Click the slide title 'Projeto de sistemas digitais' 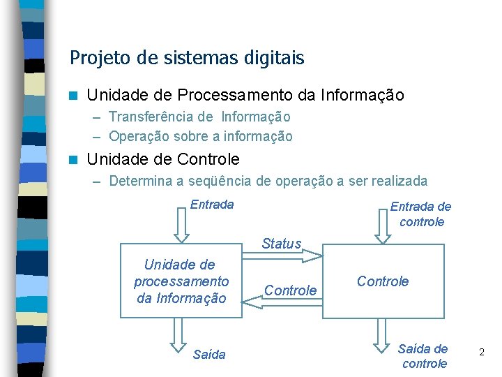[x=187, y=57]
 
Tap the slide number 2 [x=481, y=353]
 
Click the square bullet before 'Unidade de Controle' [x=74, y=159]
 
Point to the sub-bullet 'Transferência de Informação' [x=199, y=117]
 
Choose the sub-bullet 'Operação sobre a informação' [x=201, y=136]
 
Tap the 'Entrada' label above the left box [x=212, y=205]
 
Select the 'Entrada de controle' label [x=420, y=214]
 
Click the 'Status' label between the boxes [x=281, y=244]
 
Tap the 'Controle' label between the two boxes [x=291, y=290]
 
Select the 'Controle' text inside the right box [x=383, y=281]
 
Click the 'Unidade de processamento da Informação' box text [x=181, y=281]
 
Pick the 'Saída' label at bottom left [x=209, y=355]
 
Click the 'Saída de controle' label [x=423, y=356]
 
